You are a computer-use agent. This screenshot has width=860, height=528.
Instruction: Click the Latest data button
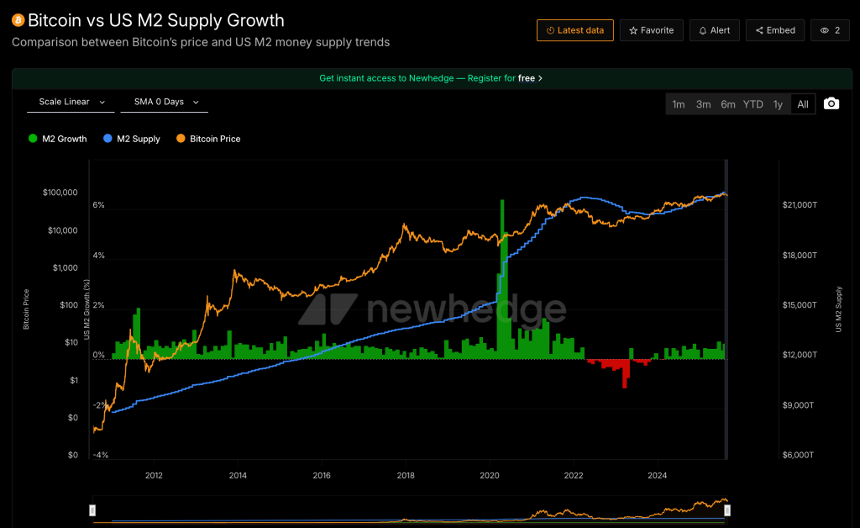click(x=575, y=30)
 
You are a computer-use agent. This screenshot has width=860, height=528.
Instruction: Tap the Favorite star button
click(x=652, y=30)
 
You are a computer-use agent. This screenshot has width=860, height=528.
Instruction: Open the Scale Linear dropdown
click(x=71, y=102)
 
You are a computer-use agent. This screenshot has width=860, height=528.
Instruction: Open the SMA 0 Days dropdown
click(x=166, y=102)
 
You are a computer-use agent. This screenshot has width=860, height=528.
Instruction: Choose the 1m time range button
click(x=679, y=104)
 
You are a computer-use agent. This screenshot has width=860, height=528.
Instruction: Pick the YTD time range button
click(x=752, y=104)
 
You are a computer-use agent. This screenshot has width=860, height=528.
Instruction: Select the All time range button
click(x=803, y=104)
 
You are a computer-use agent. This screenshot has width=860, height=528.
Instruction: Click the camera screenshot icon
click(x=831, y=103)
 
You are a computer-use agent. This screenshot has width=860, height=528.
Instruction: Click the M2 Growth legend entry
click(x=58, y=139)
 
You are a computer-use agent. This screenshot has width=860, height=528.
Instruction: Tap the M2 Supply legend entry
click(x=132, y=139)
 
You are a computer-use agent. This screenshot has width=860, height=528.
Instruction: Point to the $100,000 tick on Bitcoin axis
click(x=60, y=193)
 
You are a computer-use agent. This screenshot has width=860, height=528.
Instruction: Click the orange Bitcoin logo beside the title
click(x=18, y=20)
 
